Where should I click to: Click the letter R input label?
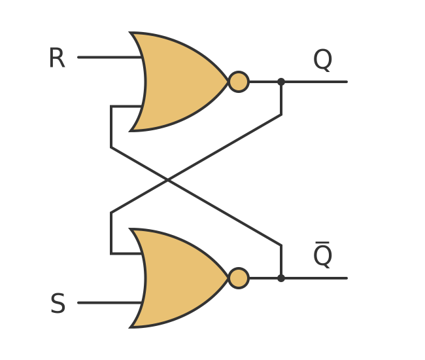click(x=57, y=59)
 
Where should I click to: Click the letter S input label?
click(x=58, y=304)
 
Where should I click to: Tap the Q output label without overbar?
click(x=322, y=60)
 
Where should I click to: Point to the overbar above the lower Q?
click(x=322, y=243)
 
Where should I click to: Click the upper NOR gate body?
click(x=180, y=82)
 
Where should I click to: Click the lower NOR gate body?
click(x=180, y=278)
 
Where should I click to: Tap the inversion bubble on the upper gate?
click(x=239, y=82)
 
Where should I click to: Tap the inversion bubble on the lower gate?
click(x=239, y=278)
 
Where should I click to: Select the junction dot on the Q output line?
click(x=281, y=82)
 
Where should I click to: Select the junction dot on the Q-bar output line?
click(x=281, y=278)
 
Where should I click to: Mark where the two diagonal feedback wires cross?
click(x=168, y=180)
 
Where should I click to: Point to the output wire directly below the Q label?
click(x=322, y=82)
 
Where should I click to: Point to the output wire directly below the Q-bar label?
click(x=322, y=278)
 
